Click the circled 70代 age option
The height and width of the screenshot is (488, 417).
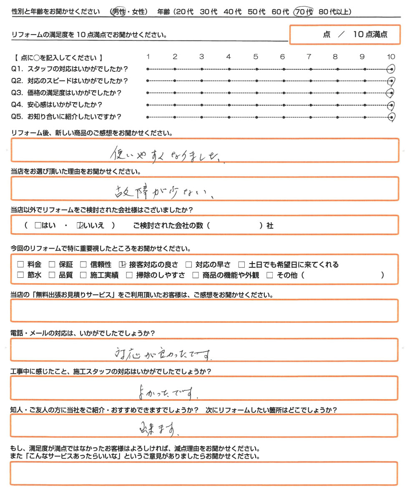[304, 12]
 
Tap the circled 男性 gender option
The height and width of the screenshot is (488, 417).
[118, 12]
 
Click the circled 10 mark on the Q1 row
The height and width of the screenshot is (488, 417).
[391, 69]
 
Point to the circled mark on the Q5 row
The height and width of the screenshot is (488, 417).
[391, 117]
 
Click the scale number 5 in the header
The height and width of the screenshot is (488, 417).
[255, 57]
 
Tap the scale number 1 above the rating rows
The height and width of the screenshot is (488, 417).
[148, 57]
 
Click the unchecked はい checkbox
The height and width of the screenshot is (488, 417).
[38, 226]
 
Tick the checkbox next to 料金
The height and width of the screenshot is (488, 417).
[20, 264]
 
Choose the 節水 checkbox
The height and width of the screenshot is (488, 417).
[20, 275]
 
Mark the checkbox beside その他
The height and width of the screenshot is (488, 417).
[269, 275]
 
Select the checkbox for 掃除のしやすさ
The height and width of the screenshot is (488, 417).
[129, 275]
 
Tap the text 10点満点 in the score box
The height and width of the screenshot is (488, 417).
[370, 35]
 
